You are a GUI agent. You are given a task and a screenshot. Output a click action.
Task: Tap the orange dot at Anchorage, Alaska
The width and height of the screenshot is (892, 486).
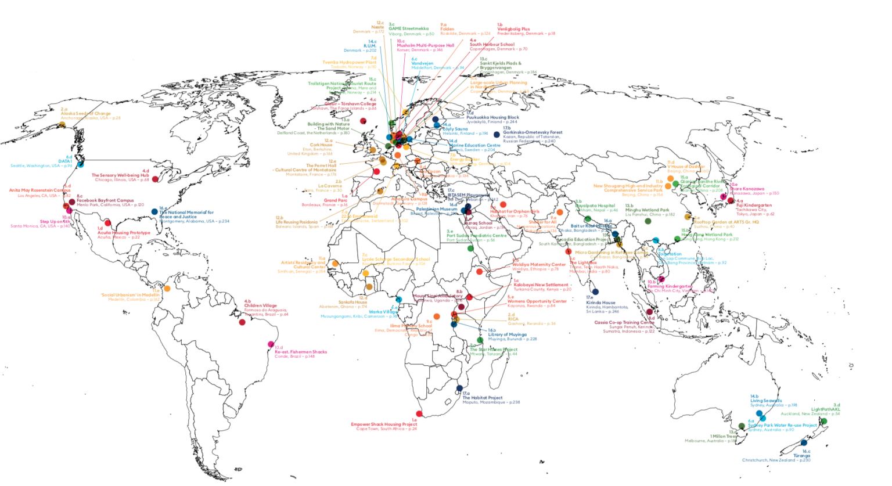(x=62, y=124)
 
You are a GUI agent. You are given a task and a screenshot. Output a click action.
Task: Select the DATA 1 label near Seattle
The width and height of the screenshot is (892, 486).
(x=64, y=161)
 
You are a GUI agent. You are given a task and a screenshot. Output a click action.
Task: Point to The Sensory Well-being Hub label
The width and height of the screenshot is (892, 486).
(x=120, y=175)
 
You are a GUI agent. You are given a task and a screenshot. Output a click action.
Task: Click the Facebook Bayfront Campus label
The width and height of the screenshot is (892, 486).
(x=105, y=200)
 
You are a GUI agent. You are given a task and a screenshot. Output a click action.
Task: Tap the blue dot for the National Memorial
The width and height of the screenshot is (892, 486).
(x=154, y=212)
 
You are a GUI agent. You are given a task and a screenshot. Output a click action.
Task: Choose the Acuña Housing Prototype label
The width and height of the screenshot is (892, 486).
(x=123, y=233)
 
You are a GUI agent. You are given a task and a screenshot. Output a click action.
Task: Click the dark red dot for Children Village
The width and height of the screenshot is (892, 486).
(x=242, y=322)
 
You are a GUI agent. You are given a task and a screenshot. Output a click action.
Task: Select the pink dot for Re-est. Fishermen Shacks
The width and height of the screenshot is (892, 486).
(x=271, y=344)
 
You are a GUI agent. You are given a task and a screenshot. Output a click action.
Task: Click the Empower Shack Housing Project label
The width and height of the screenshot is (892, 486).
(x=384, y=424)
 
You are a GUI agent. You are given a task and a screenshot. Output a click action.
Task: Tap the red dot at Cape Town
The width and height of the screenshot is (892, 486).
(x=419, y=414)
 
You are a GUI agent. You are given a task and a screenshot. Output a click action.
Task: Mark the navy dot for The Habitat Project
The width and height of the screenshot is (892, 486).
(x=459, y=388)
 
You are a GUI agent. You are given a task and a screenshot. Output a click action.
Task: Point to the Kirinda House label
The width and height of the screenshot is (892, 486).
(x=600, y=303)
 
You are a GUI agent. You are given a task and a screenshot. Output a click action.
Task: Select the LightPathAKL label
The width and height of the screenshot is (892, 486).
(x=825, y=409)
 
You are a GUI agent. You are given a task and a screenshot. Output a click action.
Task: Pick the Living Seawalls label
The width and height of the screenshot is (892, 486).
(x=766, y=401)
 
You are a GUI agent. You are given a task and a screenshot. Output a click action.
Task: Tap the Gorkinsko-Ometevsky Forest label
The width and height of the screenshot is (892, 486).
(x=533, y=132)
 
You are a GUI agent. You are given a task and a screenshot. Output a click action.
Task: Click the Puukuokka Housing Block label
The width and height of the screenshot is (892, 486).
(x=492, y=117)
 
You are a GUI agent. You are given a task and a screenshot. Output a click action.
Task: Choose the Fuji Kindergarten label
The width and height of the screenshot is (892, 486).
(x=754, y=205)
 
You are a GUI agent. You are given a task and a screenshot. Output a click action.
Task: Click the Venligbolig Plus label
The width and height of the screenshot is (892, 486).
(x=513, y=29)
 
